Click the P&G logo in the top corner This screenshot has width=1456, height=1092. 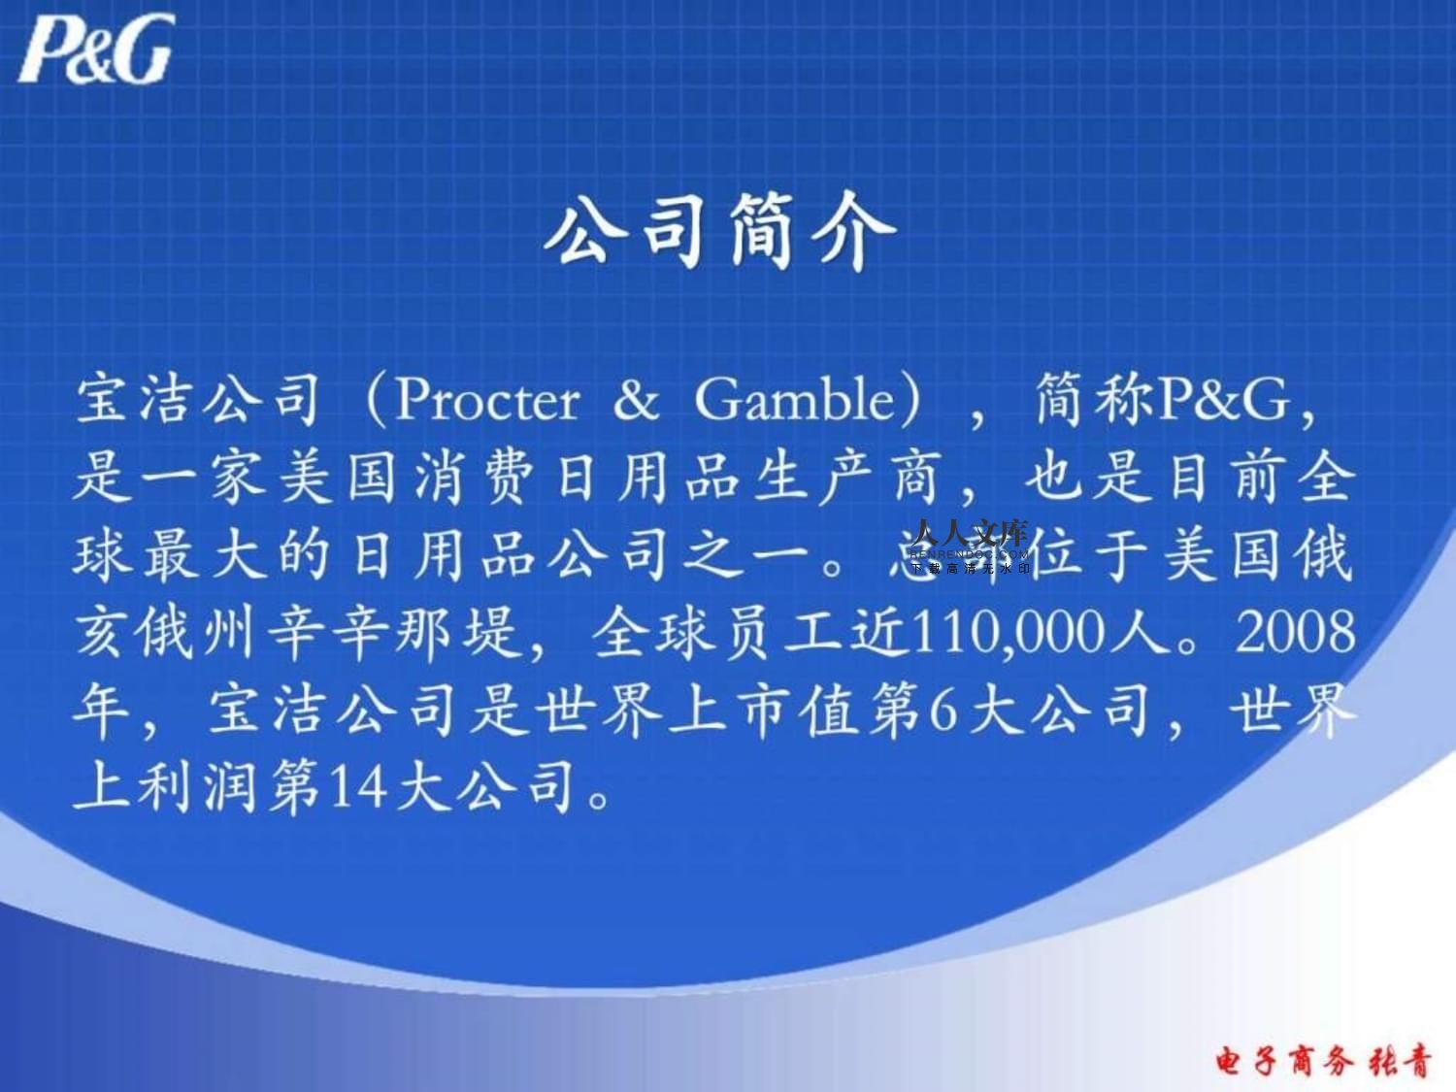pos(96,49)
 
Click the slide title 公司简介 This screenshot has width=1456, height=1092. pos(718,230)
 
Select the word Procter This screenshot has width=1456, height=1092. pos(487,400)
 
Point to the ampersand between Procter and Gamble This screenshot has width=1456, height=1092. pos(636,400)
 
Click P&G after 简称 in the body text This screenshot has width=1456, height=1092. pos(1224,400)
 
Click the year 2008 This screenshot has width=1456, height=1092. pos(1295,633)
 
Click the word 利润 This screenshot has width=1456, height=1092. pos(200,787)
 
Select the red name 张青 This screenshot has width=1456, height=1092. pos(1400,1061)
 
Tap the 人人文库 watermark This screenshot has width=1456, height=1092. pos(970,534)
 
